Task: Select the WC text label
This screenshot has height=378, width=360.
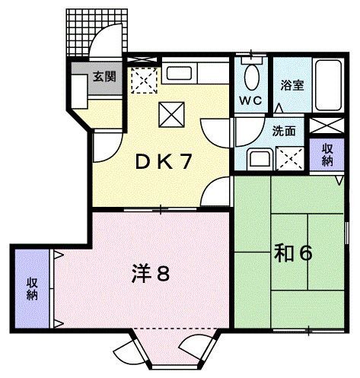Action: pyautogui.click(x=250, y=100)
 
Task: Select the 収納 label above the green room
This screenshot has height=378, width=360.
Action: pyautogui.click(x=327, y=155)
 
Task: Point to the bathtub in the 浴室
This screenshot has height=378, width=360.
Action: pyautogui.click(x=330, y=85)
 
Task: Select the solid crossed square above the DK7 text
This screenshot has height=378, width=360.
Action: pyautogui.click(x=167, y=114)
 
